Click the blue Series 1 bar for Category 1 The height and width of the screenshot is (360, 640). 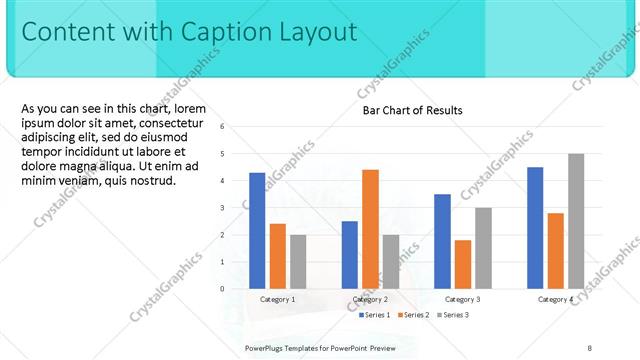257,230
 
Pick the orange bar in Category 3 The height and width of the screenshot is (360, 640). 462,264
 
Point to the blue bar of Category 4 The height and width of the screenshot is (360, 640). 535,227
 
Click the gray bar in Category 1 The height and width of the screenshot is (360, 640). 298,261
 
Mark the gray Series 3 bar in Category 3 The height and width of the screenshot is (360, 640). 483,248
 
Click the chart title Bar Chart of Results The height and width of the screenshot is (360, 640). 412,110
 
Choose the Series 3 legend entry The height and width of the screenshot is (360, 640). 453,315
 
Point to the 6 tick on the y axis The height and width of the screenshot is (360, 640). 222,127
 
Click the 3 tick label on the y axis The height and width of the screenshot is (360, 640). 222,208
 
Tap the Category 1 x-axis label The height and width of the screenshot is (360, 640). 278,299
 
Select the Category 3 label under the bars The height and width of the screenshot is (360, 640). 463,299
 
